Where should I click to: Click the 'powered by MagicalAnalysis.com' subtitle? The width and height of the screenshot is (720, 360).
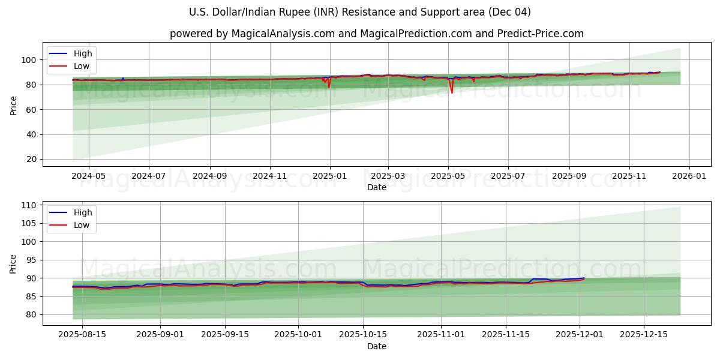pyautogui.click(x=376, y=34)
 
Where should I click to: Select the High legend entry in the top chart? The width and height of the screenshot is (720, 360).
pyautogui.click(x=82, y=53)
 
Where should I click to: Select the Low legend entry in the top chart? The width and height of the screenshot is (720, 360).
pyautogui.click(x=81, y=65)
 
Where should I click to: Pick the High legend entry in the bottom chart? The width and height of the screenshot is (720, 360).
pyautogui.click(x=82, y=212)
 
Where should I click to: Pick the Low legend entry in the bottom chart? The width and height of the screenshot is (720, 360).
pyautogui.click(x=81, y=225)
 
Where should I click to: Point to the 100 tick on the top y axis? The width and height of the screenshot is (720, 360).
pyautogui.click(x=30, y=60)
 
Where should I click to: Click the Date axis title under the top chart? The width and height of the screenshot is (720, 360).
pyautogui.click(x=376, y=188)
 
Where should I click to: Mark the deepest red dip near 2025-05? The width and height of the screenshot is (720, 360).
pyautogui.click(x=452, y=92)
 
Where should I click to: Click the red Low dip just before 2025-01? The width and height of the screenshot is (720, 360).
pyautogui.click(x=329, y=87)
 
